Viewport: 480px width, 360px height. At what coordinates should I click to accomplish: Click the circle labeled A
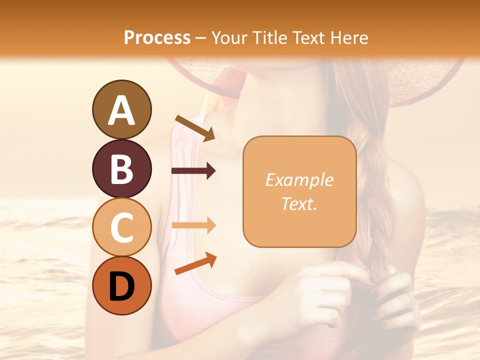pos(121,109)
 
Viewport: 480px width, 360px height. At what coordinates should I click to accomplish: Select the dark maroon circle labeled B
pos(121,168)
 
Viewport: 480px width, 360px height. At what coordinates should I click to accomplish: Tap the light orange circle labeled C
pos(121,227)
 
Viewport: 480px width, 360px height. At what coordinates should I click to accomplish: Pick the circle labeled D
pos(121,285)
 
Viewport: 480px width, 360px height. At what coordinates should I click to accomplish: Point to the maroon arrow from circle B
pos(193,171)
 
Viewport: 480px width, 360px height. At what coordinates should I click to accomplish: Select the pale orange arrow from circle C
pos(193,225)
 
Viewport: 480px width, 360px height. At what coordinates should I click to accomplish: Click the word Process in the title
pos(157,37)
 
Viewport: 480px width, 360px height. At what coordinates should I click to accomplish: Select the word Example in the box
pos(299,180)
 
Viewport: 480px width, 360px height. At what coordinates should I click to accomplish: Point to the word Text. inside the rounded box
pos(299,203)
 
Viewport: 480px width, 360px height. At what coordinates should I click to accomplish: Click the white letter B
pos(121,169)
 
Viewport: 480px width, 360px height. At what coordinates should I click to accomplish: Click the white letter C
pos(121,228)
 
